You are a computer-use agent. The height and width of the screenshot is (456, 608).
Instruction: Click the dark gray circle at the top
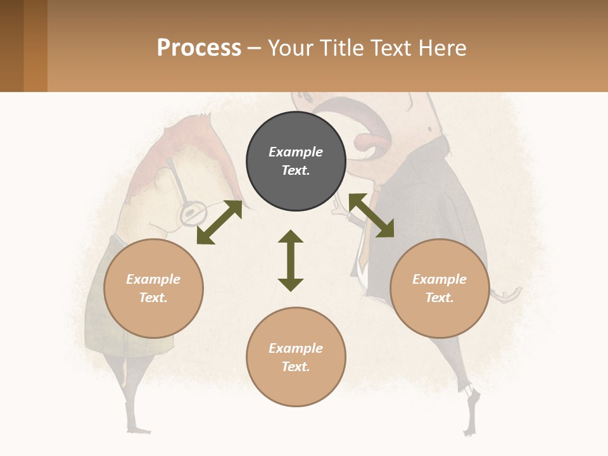click(x=296, y=161)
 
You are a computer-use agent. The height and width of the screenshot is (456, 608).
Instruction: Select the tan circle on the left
click(x=153, y=288)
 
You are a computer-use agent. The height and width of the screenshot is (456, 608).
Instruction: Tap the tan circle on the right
click(x=440, y=288)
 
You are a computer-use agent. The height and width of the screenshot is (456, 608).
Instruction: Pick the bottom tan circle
click(x=296, y=357)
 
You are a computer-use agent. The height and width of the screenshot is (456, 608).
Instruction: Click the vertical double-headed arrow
click(x=291, y=260)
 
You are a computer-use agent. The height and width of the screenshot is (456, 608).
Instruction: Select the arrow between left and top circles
click(x=219, y=222)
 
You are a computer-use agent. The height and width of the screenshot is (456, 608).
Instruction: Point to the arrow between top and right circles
click(x=371, y=215)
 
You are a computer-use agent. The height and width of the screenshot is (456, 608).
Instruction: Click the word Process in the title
click(x=199, y=47)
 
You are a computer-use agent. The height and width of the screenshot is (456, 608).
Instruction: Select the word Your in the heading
click(x=292, y=47)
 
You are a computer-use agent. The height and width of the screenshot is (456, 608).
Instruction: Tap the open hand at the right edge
click(x=509, y=295)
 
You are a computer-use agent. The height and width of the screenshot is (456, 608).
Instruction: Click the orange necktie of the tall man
click(x=362, y=247)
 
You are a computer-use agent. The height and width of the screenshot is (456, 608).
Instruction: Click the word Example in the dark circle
click(x=296, y=152)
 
